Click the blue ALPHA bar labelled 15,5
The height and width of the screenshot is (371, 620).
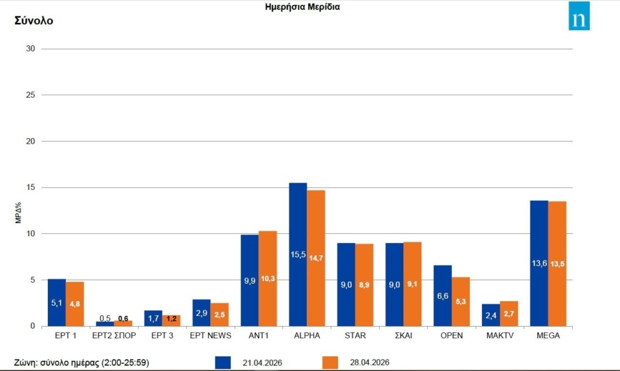coord(298,255)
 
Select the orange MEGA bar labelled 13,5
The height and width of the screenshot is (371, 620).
coord(557,264)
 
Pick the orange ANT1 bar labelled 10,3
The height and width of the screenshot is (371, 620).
coord(268,278)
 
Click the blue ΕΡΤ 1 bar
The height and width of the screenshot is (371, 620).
coord(56,302)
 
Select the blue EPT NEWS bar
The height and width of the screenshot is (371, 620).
coord(202,313)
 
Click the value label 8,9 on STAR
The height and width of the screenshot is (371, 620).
coord(364,285)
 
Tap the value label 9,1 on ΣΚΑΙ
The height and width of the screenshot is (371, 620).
coord(413,285)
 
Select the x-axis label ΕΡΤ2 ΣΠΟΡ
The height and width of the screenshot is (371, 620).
coord(114,335)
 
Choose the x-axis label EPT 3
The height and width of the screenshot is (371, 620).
coord(162,335)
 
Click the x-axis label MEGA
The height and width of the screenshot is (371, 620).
coord(548,335)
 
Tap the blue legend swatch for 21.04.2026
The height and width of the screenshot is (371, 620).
coord(223,363)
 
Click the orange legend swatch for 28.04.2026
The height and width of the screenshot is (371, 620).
coord(330,363)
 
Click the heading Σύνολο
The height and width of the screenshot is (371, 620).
coord(34,21)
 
